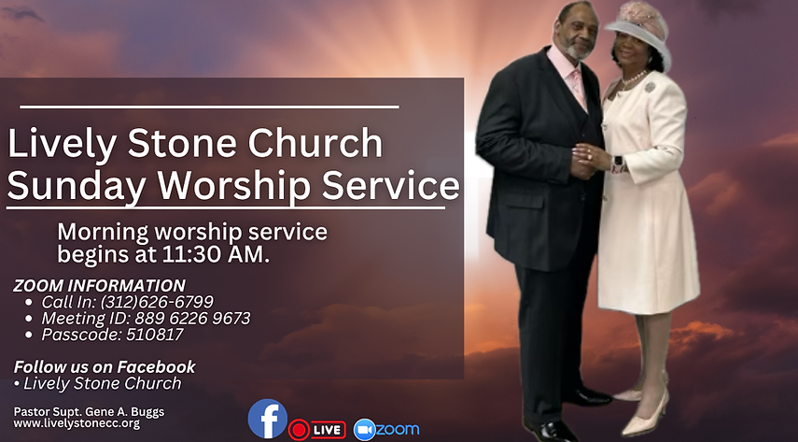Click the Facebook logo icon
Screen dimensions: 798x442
(268, 419)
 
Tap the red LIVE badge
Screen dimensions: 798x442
(317, 430)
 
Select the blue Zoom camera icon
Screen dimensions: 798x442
(364, 429)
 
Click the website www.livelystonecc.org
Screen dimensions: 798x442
(77, 423)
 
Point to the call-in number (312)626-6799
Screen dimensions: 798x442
(157, 302)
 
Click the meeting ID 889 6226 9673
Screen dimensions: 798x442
(192, 318)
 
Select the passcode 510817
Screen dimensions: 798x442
(155, 335)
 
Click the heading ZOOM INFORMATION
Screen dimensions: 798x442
(99, 286)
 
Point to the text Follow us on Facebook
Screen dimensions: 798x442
(105, 366)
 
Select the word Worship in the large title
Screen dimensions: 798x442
(233, 187)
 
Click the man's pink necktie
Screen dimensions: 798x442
(578, 86)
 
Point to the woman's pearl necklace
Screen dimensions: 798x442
(634, 79)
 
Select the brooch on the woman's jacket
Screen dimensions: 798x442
(650, 87)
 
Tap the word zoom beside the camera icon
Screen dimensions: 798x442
(398, 429)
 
